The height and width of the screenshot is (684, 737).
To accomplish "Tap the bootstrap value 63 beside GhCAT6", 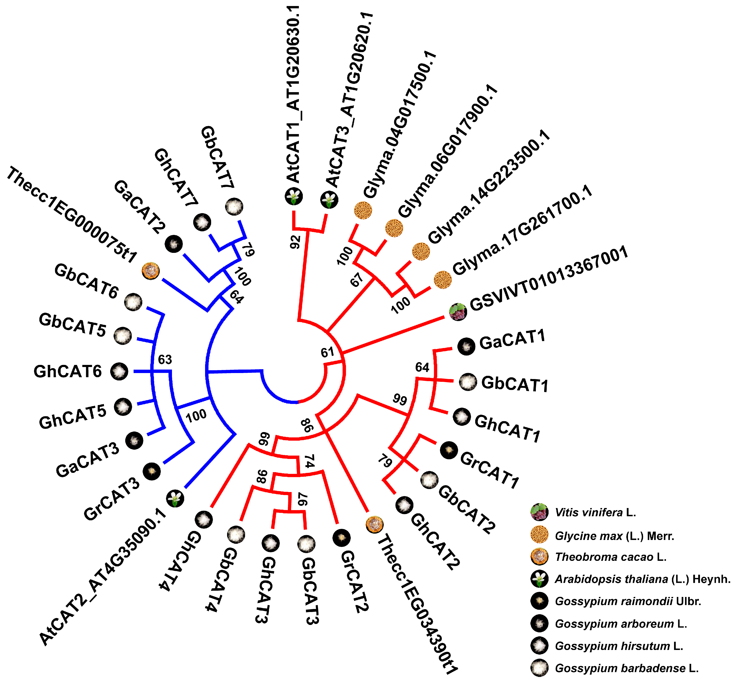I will pyautogui.click(x=165, y=359).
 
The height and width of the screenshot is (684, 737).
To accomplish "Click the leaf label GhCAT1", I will pyautogui.click(x=507, y=428).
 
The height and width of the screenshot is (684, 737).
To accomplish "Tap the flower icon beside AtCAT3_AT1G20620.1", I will pyautogui.click(x=329, y=200).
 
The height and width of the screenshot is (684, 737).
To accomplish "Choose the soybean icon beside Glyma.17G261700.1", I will pyautogui.click(x=443, y=280).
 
